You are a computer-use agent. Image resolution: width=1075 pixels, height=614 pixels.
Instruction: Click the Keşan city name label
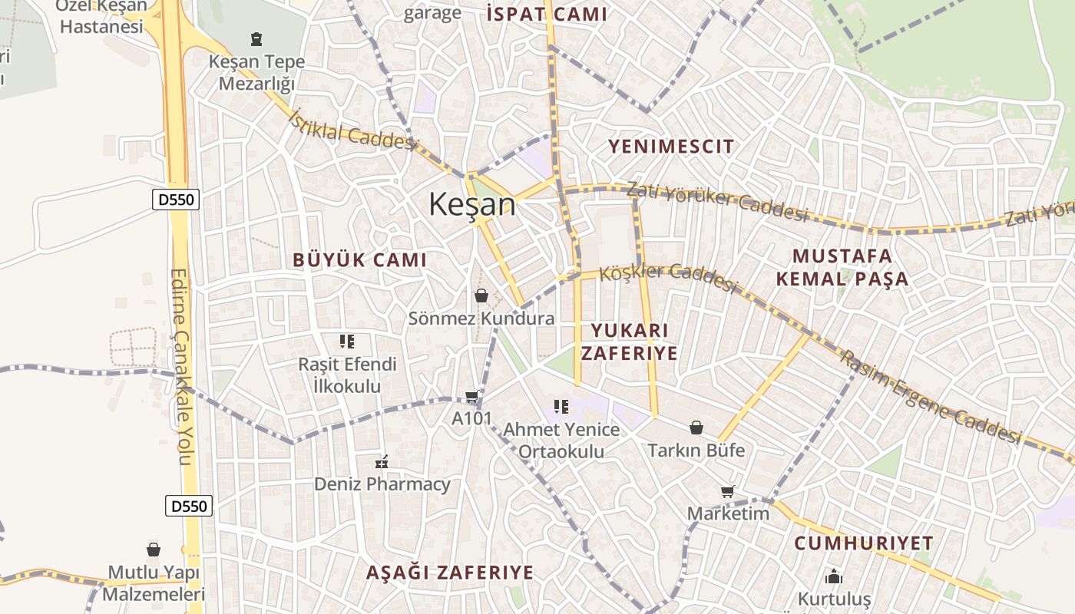(471, 204)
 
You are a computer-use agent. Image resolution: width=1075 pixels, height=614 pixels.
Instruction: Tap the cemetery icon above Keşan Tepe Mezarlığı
(256, 38)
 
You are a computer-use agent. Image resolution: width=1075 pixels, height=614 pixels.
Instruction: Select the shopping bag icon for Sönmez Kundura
(481, 295)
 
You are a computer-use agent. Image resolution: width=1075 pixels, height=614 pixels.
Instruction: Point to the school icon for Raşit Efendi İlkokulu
(347, 341)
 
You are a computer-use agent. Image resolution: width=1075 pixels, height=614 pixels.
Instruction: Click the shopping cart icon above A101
(472, 397)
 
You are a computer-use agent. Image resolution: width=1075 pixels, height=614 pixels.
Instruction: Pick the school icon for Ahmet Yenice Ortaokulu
(561, 407)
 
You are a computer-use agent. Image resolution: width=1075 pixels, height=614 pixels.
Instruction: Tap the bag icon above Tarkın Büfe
(696, 427)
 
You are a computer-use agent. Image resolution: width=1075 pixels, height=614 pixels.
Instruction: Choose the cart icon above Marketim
(727, 491)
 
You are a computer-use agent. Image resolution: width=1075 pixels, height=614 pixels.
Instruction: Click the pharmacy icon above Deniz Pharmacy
(382, 462)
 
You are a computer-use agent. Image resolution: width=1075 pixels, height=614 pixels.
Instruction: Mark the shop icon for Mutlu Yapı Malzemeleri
(154, 550)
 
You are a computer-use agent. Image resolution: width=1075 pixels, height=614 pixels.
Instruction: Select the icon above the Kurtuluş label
(834, 576)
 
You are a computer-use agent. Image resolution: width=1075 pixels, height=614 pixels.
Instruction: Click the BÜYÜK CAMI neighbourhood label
(359, 260)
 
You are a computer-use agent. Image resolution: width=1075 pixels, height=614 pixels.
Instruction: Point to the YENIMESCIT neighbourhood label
(671, 146)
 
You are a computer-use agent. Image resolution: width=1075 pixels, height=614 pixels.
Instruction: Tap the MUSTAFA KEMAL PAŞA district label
(842, 267)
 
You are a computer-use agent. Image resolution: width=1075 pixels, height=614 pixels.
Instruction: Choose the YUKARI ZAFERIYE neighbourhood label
(629, 342)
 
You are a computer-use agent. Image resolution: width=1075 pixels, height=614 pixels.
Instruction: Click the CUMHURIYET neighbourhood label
(864, 543)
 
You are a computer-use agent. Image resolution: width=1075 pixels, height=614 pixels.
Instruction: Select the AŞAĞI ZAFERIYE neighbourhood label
(449, 573)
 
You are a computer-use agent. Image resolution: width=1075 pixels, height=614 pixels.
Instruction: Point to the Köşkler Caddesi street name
(668, 276)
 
